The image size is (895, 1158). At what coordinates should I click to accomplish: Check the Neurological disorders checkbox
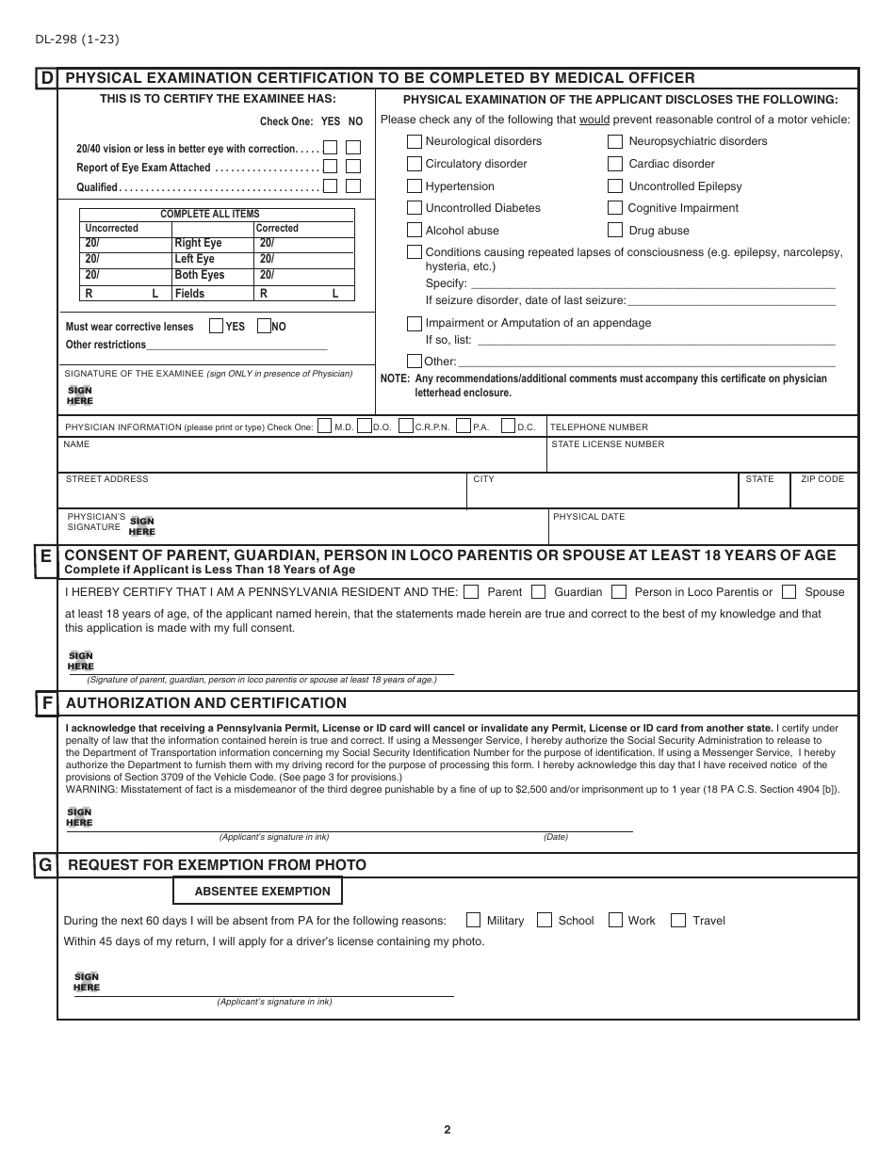(x=415, y=141)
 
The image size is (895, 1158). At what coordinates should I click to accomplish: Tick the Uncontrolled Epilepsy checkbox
(x=615, y=186)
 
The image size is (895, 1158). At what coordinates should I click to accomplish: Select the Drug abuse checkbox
(x=615, y=231)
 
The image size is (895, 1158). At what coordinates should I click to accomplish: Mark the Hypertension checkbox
(x=415, y=186)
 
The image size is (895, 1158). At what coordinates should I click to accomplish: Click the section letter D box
(x=46, y=78)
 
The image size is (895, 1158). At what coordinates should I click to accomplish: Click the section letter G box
(x=45, y=865)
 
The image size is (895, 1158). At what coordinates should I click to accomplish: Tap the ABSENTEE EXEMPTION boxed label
(x=257, y=891)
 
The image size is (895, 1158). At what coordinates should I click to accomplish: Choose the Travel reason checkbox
(x=677, y=921)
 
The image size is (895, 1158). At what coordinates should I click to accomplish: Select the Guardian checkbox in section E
(x=539, y=592)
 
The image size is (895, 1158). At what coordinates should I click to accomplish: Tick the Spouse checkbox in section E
(x=789, y=592)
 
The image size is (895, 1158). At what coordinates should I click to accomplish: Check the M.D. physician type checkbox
(x=325, y=426)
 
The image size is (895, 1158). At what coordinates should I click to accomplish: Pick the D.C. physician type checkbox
(x=508, y=426)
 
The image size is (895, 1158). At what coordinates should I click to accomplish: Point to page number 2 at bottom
(x=447, y=1131)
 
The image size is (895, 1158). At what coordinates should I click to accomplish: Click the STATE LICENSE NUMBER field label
(x=608, y=444)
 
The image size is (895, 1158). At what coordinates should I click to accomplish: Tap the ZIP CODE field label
(x=822, y=479)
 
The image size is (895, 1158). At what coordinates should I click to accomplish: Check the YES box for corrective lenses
(x=216, y=326)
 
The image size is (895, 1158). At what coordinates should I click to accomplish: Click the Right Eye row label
(x=198, y=243)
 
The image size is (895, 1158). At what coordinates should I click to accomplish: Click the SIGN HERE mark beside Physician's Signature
(x=142, y=526)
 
